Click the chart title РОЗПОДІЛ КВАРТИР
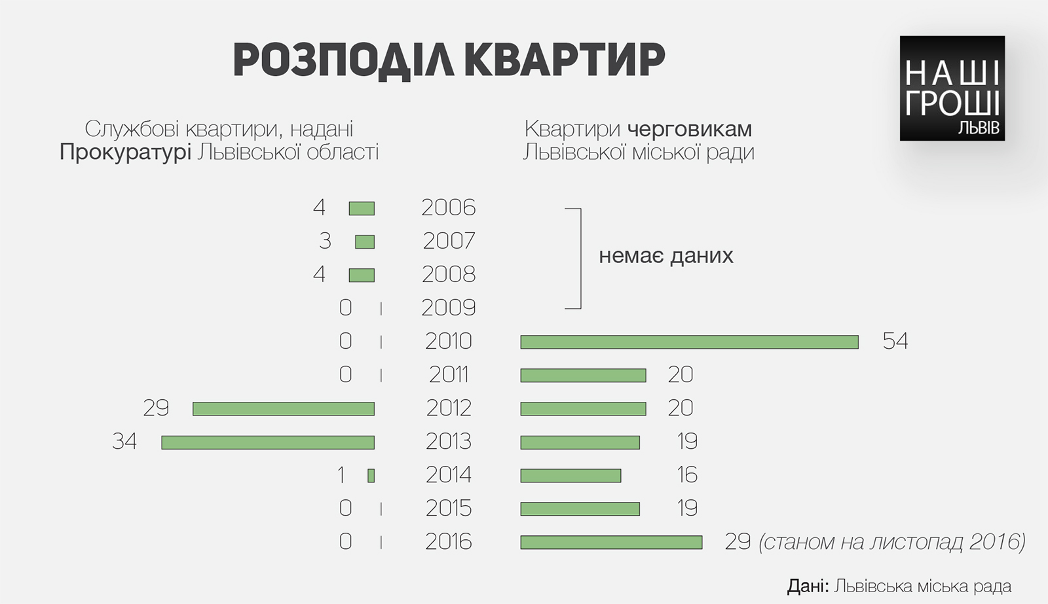pos(449,60)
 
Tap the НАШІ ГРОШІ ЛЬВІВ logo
pos(952,88)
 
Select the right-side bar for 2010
pos(689,342)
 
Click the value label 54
pos(895,341)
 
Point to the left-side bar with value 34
pos(268,442)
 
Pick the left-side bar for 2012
pos(284,409)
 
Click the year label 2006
pos(448,208)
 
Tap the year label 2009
pos(448,308)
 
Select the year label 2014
pos(448,475)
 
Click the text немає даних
pos(665,255)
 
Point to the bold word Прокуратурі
pos(125,152)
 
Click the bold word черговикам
pos(690,129)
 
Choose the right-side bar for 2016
pos(611,542)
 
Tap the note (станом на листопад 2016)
pos(892,542)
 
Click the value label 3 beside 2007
pos(325,241)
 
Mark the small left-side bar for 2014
pos(371,476)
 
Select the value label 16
pos(687,475)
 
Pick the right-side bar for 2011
pos(583,375)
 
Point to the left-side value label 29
pos(156,408)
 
